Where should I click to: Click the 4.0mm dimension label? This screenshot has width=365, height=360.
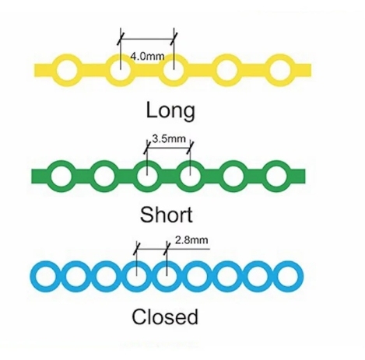click(x=147, y=56)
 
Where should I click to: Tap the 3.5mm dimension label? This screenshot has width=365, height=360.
click(x=169, y=139)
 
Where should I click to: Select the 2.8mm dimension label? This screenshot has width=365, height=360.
click(x=191, y=240)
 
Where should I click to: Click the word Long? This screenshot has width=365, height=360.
click(x=170, y=111)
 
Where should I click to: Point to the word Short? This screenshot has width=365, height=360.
click(x=167, y=215)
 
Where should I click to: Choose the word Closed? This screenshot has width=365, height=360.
click(x=165, y=316)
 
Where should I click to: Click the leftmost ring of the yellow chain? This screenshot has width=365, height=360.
click(x=57, y=70)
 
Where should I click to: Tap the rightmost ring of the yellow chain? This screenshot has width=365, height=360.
click(x=269, y=70)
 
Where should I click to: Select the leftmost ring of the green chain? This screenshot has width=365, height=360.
click(x=50, y=177)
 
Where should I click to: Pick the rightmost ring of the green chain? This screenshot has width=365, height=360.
click(x=265, y=177)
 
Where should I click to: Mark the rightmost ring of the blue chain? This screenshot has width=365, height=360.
click(x=276, y=276)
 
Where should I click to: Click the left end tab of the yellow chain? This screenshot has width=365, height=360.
click(x=44, y=70)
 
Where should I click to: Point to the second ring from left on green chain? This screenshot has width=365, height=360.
click(x=93, y=177)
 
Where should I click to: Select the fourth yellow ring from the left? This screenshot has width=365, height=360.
click(x=216, y=70)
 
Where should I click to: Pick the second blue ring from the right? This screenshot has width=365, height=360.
click(x=245, y=276)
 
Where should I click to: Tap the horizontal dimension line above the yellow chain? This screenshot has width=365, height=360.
click(x=147, y=39)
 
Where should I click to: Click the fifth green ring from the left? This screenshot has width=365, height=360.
click(x=222, y=177)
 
